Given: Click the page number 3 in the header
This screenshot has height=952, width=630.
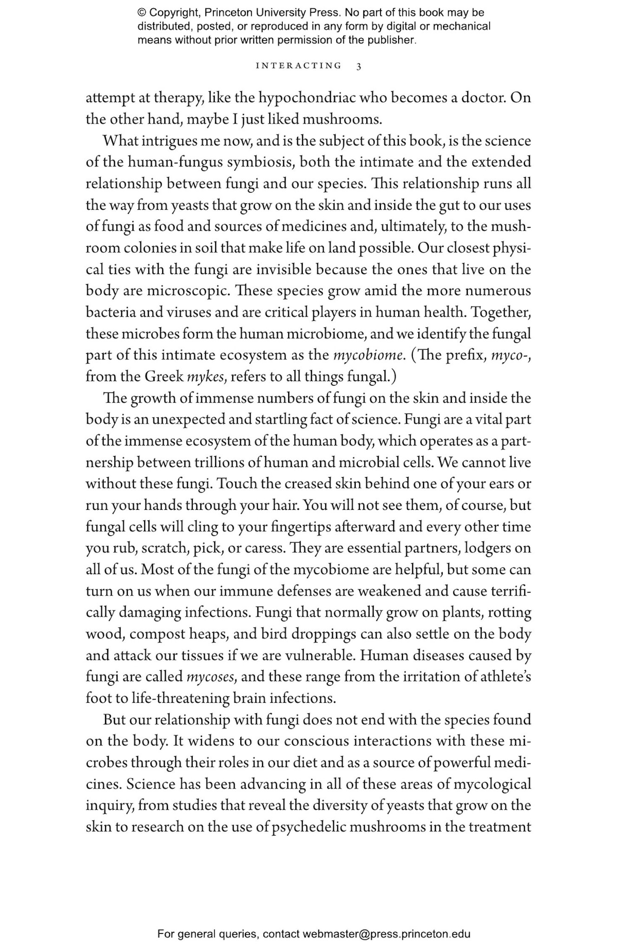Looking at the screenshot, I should (359, 66).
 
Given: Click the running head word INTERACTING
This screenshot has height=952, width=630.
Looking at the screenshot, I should (299, 66).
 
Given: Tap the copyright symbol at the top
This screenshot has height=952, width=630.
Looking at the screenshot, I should (142, 13).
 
